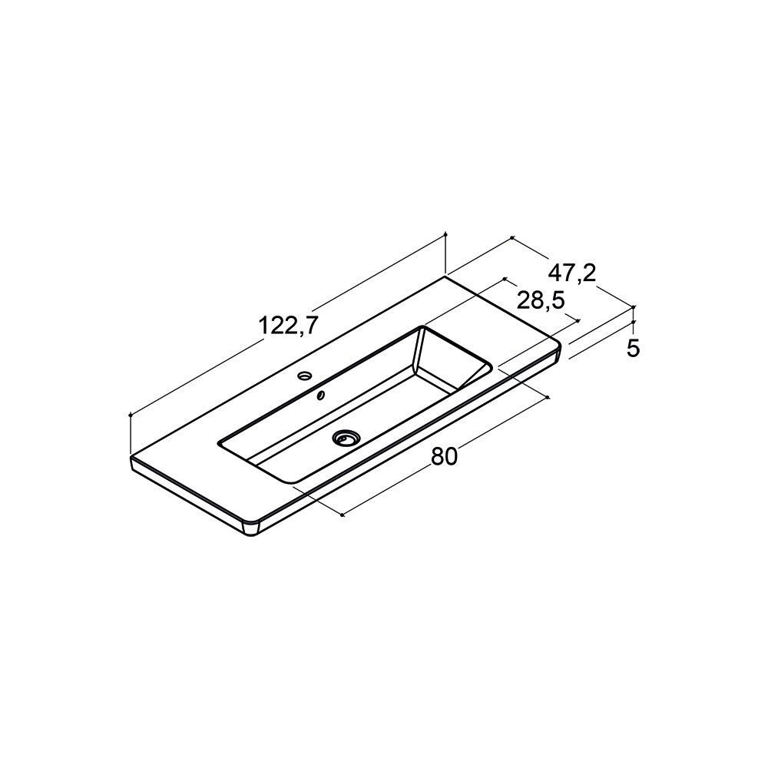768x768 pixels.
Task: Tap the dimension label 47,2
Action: coord(571,273)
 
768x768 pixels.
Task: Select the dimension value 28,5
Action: coord(541,300)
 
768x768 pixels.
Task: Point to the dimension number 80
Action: coord(444,456)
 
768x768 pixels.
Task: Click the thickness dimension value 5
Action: coord(634,348)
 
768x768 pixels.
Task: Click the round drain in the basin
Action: coord(346,438)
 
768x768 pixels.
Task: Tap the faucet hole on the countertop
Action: coord(305,376)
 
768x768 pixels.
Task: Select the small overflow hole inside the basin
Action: coord(321,395)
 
